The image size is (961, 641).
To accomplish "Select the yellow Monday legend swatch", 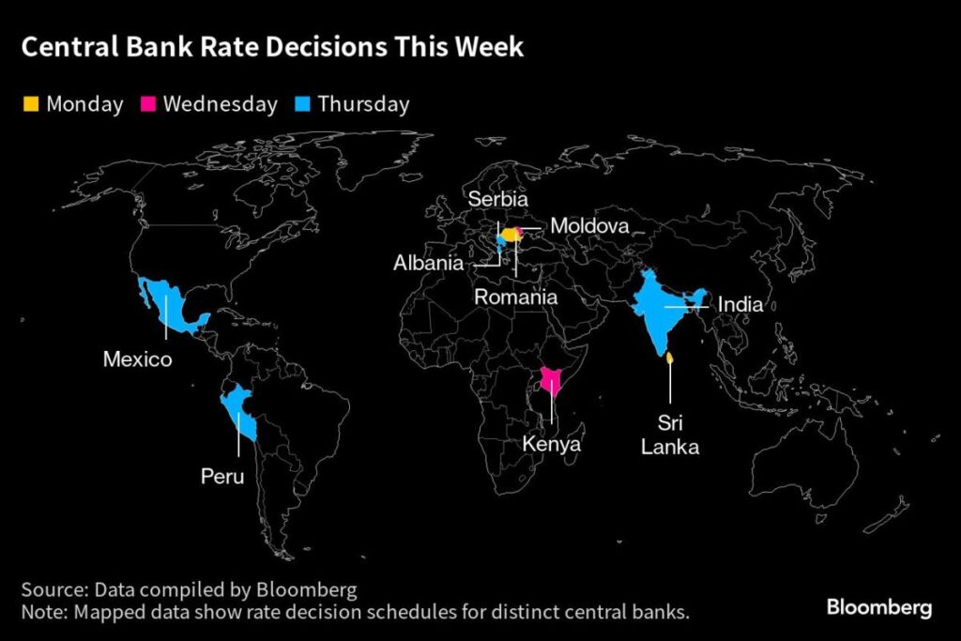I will pos(31,104).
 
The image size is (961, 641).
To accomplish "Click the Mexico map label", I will pos(137,359).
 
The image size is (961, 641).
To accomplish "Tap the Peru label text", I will pos(222,477).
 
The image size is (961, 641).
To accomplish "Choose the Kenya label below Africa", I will pos(552,444).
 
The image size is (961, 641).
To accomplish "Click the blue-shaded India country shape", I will pos(657,310).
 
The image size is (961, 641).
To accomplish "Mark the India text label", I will pos(740,305).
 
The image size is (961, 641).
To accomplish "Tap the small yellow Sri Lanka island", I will pos(669,358).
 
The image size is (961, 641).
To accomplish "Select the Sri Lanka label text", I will pos(669,435).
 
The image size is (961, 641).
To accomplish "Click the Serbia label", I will pos(498,200).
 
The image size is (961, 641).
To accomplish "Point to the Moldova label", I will pos(589,226).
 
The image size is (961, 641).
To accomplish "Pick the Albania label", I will pos(427,263).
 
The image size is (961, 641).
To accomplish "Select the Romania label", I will pos(515,297).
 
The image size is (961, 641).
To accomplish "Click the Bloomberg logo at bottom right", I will pos(878,607).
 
